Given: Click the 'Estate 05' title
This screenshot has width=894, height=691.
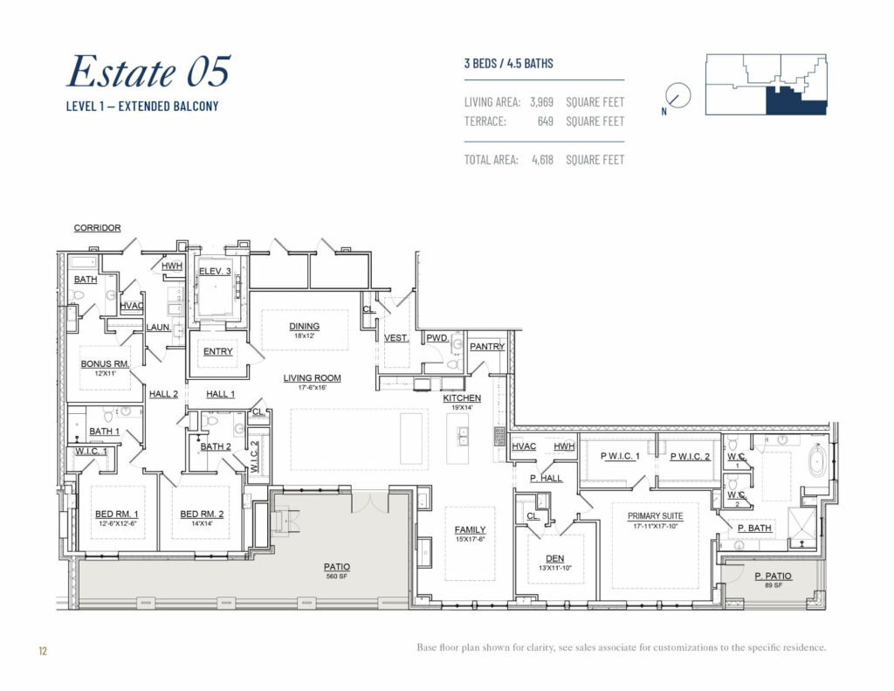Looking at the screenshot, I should click(x=148, y=72).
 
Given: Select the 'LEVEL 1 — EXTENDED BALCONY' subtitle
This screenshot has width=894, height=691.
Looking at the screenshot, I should click(x=142, y=107).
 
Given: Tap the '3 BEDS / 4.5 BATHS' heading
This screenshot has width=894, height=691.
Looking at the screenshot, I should click(x=508, y=64).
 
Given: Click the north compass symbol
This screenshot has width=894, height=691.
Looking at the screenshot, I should click(x=677, y=96).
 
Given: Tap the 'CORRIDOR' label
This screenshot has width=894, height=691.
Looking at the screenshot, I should click(x=97, y=228).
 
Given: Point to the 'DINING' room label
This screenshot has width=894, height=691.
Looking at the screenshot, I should click(x=305, y=327).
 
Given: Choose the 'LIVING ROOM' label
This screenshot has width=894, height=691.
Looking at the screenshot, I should click(x=312, y=378).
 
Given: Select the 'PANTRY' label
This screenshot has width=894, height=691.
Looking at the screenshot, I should click(x=487, y=347).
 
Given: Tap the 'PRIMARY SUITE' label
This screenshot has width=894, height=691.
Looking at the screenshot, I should click(x=655, y=515).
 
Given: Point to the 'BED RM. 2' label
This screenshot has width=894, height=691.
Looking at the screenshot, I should click(x=202, y=514).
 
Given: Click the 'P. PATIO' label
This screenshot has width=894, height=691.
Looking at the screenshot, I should click(x=773, y=576).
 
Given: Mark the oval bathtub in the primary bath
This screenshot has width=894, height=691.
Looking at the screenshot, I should click(x=817, y=460).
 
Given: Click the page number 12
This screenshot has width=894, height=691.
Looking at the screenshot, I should click(x=42, y=650).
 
